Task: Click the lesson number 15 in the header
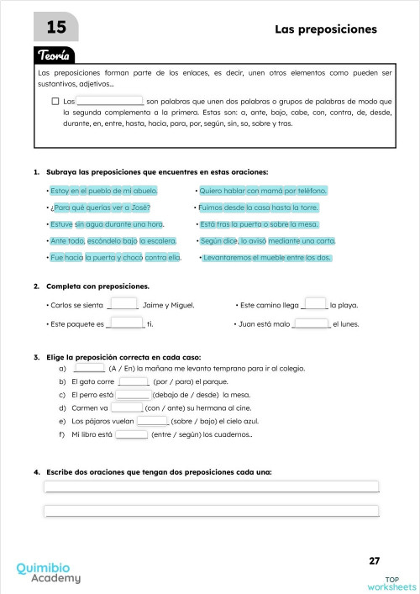56,29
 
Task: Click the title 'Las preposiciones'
326,29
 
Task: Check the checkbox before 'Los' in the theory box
55,101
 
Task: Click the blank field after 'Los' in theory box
109,101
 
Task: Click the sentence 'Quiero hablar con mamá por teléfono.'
263,191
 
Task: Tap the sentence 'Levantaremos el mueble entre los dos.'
267,257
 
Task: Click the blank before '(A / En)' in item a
89,367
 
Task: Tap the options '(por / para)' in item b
171,381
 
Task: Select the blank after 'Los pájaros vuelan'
152,420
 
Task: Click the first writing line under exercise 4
211,486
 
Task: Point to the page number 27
375,560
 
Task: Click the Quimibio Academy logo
49,573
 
